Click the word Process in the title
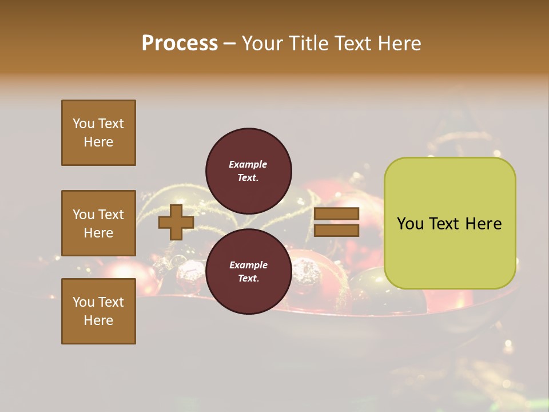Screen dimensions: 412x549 pos(180,43)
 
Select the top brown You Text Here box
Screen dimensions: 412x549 pos(98,133)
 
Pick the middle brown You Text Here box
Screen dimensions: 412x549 pos(98,223)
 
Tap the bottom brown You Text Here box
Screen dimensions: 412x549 pos(98,311)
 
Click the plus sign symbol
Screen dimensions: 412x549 pos(176,222)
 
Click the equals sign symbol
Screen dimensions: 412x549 pos(336,222)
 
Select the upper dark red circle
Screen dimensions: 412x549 pos(249,171)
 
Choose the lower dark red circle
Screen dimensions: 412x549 pos(249,272)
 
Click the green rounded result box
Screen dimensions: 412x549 pos(449,223)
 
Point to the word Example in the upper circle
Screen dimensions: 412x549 pos(248,164)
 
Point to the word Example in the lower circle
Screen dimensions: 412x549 pos(248,265)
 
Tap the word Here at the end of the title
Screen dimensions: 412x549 pos(400,43)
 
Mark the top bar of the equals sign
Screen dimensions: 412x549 pos(336,214)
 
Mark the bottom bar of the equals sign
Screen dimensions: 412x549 pos(336,231)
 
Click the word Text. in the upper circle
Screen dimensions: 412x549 pos(248,178)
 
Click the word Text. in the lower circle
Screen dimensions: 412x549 pos(248,279)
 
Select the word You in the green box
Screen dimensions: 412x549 pos(409,224)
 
